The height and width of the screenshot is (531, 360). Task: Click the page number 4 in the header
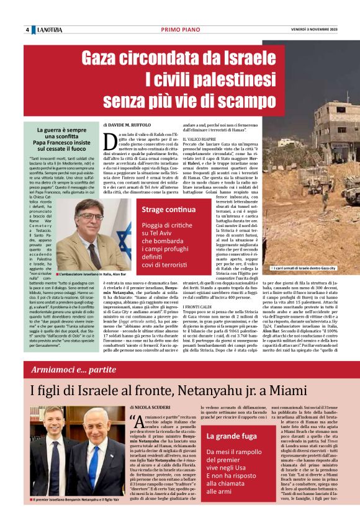(x=27, y=30)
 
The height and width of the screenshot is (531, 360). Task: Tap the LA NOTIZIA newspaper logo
(x=48, y=30)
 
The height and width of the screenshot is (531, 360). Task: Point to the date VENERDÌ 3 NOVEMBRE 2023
(x=315, y=30)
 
